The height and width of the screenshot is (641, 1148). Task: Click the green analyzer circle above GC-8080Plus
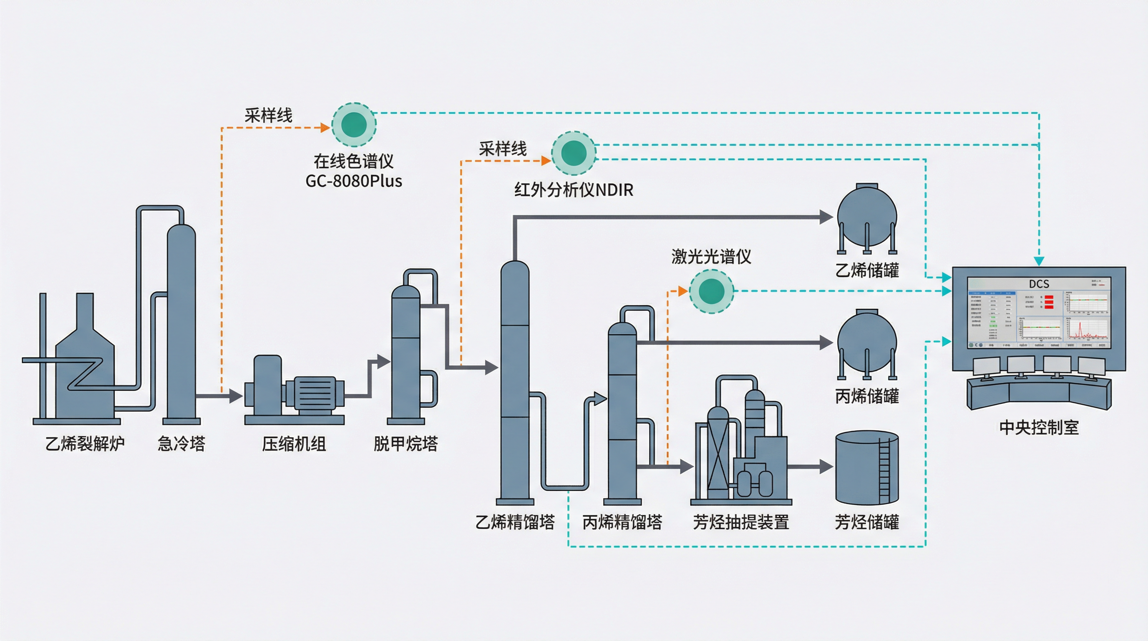354,124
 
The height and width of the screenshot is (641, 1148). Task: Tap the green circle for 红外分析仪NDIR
574,153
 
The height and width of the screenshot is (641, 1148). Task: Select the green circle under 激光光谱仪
711,291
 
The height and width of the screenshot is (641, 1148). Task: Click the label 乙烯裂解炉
85,444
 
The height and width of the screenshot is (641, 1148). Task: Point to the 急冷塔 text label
181,444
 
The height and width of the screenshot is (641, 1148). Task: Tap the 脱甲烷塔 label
405,444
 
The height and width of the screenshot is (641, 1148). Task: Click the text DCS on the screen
1039,284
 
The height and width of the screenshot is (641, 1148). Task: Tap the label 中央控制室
1039,427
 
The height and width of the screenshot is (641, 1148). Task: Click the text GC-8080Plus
354,181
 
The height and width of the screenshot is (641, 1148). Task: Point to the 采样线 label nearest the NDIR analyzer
503,149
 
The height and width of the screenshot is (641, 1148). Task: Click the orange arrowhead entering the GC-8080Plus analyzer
325,128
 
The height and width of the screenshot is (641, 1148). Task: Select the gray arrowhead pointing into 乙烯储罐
827,217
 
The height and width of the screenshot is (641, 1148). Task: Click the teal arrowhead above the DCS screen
1039,261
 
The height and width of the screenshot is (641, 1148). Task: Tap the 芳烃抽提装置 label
741,522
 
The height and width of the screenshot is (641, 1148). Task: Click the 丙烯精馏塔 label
622,522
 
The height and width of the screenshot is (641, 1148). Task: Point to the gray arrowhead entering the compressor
236,395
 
